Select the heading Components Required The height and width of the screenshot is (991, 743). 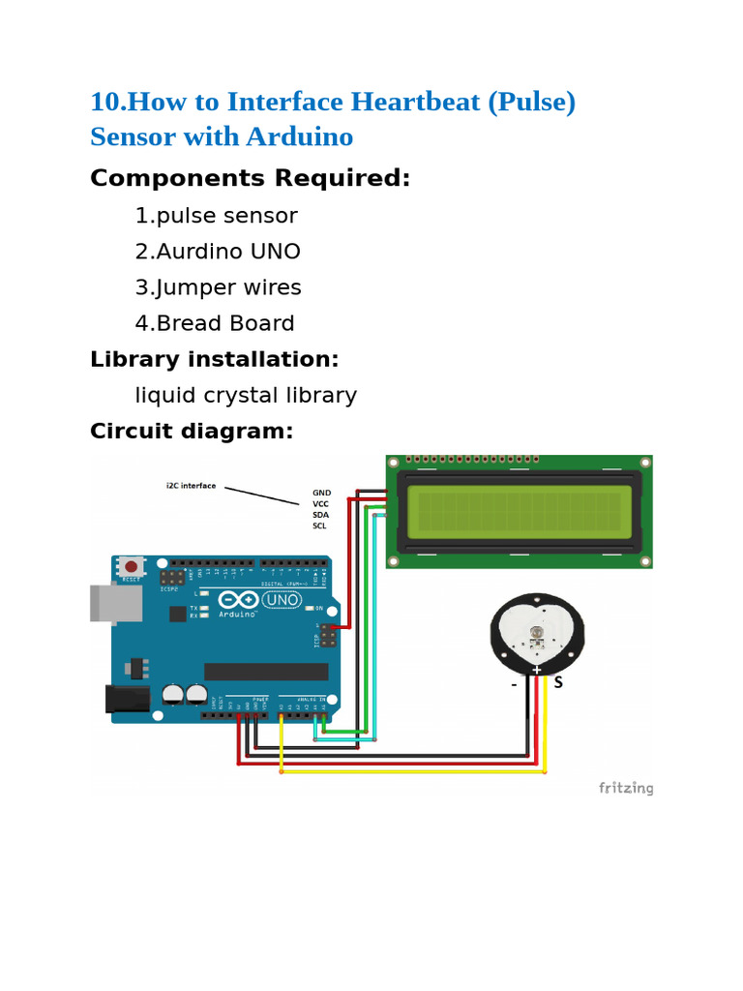(x=250, y=179)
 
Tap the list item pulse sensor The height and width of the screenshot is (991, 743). (x=216, y=216)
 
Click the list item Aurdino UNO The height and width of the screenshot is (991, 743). (x=218, y=252)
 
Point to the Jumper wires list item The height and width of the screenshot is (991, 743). (x=218, y=287)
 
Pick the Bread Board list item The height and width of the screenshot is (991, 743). (x=215, y=323)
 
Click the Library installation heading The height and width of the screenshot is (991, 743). (x=214, y=359)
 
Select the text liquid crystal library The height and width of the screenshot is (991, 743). (x=246, y=395)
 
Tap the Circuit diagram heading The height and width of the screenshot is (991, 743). (x=191, y=431)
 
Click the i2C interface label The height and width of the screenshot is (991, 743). (x=191, y=486)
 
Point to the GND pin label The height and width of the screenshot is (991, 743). (x=321, y=493)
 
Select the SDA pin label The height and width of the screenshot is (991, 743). (x=320, y=515)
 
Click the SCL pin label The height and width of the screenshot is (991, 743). (x=319, y=526)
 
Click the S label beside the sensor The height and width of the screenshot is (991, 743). (x=557, y=682)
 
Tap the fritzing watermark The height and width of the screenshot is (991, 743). (x=625, y=788)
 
